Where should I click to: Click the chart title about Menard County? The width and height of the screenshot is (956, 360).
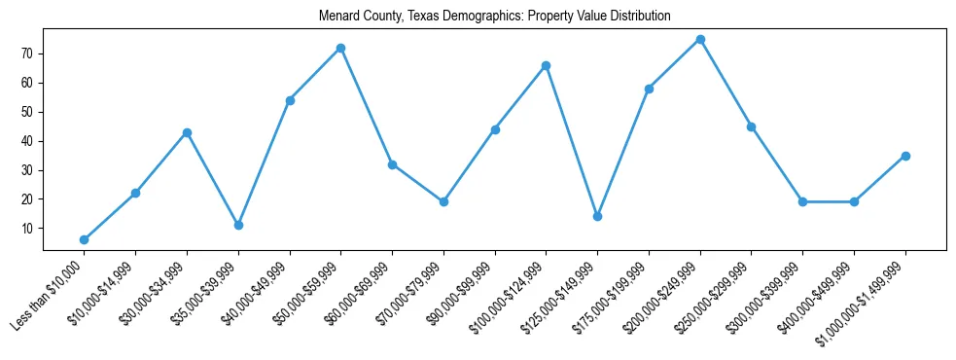click(495, 17)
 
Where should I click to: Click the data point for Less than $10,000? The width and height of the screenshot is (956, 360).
click(84, 239)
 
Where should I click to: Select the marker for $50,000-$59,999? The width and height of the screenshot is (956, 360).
click(340, 48)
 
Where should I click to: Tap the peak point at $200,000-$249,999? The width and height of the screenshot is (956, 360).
click(700, 39)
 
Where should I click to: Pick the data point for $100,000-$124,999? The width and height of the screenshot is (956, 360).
click(546, 65)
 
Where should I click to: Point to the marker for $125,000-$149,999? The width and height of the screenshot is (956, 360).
click(597, 216)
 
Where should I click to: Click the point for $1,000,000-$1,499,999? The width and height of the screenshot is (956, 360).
click(905, 156)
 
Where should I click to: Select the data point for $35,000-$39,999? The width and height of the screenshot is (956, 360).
click(238, 225)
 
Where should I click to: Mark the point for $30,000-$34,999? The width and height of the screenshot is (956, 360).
click(187, 132)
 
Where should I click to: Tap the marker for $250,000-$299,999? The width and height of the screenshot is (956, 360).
click(751, 126)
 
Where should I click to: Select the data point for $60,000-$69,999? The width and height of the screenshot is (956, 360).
click(392, 164)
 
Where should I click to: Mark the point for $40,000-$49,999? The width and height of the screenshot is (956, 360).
click(290, 100)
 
